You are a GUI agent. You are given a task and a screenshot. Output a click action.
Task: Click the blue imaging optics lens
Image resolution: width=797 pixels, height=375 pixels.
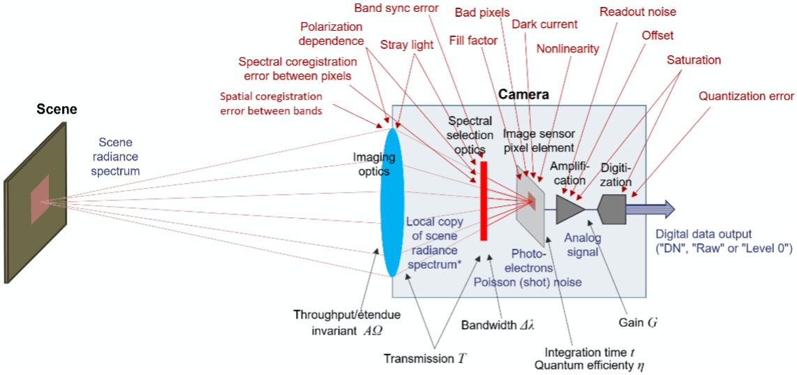[391, 203]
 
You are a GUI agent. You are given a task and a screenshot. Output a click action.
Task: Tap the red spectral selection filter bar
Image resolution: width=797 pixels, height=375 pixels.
[482, 200]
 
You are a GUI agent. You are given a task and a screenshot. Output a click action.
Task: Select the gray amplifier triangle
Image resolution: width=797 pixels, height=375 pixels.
[569, 209]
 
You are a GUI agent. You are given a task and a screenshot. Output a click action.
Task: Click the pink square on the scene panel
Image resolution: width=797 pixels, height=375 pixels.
[40, 196]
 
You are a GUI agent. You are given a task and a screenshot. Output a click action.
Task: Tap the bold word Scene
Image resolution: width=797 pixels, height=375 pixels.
[57, 110]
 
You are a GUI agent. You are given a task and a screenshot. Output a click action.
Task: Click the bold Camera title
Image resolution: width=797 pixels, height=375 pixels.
[523, 94]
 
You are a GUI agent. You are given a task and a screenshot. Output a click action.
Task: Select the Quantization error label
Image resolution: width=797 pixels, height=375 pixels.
[746, 96]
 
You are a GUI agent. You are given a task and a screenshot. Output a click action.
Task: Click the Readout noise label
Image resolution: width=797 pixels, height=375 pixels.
[638, 12]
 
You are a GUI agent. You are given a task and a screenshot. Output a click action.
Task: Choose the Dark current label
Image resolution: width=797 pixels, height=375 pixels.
[544, 24]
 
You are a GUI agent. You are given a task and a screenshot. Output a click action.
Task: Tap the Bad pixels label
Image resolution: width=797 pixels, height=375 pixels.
[482, 12]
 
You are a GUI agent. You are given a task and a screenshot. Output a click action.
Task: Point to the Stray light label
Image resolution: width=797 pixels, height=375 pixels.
[407, 45]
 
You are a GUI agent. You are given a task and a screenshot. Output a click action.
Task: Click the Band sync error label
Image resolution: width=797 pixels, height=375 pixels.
[396, 8]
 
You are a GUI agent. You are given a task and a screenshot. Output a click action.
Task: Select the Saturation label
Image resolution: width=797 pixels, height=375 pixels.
[694, 60]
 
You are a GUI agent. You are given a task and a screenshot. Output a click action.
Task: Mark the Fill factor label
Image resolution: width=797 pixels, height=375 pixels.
[473, 41]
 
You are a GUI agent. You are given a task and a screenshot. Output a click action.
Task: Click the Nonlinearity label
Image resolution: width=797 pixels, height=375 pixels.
[567, 49]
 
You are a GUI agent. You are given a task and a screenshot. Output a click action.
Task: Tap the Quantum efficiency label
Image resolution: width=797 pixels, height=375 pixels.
[590, 365]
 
